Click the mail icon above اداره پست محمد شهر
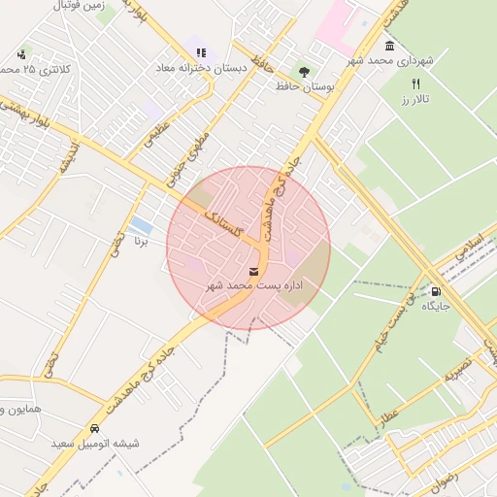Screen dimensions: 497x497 point(254,271)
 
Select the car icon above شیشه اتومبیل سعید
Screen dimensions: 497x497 point(94,428)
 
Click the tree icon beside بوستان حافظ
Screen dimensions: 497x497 point(304,71)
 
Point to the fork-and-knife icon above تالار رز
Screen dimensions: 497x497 point(416,83)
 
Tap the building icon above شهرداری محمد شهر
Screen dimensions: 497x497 point(389,46)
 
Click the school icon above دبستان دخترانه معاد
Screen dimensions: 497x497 point(201,52)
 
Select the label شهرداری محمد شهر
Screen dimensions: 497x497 point(393,61)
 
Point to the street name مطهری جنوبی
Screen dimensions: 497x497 point(190,155)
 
